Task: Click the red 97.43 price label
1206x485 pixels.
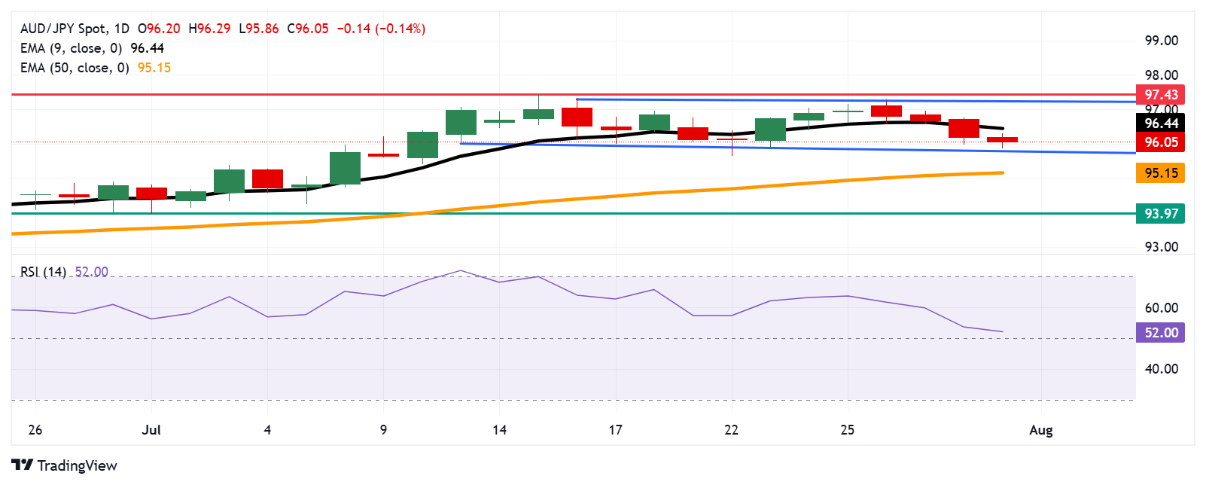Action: point(1160,95)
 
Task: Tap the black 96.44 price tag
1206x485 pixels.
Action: point(1160,124)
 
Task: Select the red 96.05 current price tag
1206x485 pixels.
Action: point(1160,142)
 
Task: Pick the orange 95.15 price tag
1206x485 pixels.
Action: point(1160,173)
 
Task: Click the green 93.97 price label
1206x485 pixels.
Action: point(1160,214)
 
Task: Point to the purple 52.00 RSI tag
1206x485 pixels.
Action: point(1160,333)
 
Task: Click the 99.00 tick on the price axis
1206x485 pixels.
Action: point(1161,41)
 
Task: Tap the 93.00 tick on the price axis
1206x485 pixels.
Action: point(1161,247)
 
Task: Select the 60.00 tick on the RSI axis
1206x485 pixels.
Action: point(1161,308)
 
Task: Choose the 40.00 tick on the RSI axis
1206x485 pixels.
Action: point(1161,369)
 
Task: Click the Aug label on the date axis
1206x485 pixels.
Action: point(1040,430)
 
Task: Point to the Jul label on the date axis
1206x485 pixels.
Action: point(151,430)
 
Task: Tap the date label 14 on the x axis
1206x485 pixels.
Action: point(499,430)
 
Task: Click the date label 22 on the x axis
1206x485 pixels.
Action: point(731,430)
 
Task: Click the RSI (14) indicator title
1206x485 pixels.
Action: point(43,272)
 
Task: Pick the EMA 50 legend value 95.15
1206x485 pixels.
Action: point(154,68)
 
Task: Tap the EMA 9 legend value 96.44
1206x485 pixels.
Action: point(147,48)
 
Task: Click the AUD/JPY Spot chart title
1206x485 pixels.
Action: point(63,29)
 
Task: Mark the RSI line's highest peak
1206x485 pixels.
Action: point(461,270)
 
